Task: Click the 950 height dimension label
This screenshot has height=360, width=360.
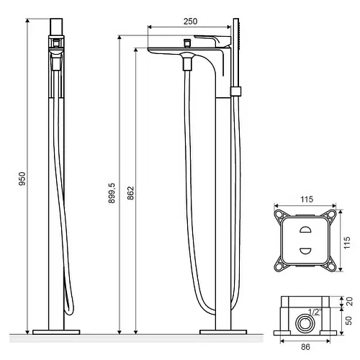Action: click(x=22, y=179)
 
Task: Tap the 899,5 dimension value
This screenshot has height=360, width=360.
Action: click(x=112, y=193)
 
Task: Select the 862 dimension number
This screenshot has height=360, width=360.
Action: click(x=130, y=193)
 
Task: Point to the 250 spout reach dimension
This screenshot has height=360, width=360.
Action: click(x=190, y=22)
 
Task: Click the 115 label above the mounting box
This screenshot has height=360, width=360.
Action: click(x=307, y=199)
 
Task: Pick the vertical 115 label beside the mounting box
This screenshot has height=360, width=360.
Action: click(x=347, y=243)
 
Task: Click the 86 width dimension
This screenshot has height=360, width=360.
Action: click(x=305, y=347)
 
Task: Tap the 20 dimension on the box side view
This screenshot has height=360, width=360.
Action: click(x=350, y=302)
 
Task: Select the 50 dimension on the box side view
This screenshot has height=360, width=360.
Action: click(x=348, y=320)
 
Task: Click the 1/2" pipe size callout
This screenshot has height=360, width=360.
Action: click(x=315, y=312)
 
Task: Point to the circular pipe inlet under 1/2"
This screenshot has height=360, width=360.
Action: click(x=305, y=323)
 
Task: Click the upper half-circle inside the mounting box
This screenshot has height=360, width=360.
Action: click(x=306, y=230)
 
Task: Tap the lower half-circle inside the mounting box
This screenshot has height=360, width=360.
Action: click(x=306, y=251)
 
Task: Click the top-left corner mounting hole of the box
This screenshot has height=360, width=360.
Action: click(x=279, y=214)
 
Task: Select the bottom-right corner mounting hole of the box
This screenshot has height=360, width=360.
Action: click(x=332, y=267)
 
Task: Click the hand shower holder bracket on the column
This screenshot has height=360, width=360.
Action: click(x=235, y=91)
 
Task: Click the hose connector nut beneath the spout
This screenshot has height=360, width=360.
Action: click(x=187, y=65)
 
